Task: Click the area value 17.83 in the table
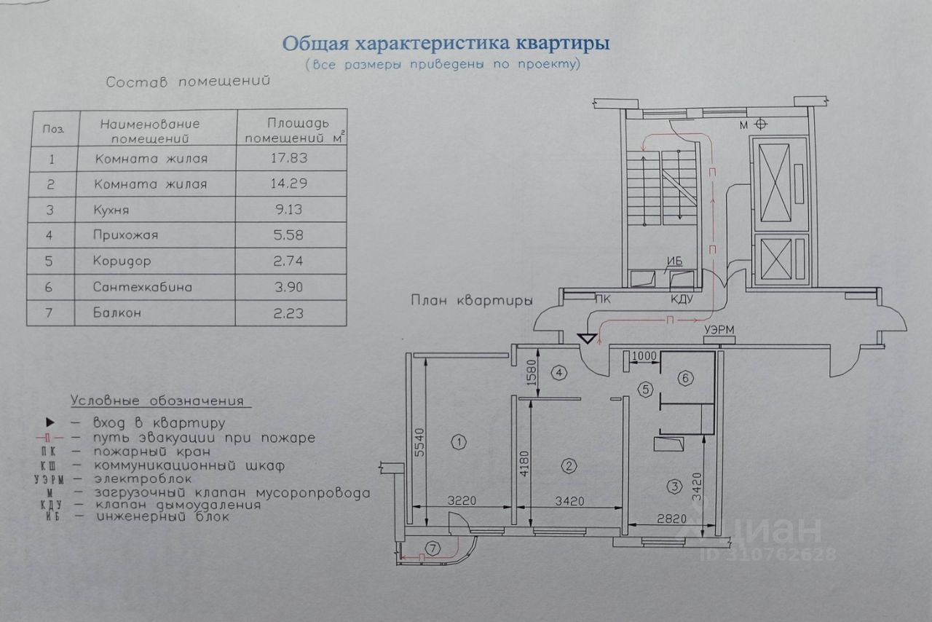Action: (288, 158)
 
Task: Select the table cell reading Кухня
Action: (116, 210)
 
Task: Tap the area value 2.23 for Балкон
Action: (288, 313)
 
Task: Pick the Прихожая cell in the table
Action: (126, 235)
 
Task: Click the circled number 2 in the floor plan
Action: (570, 465)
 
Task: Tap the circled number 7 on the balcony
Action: (434, 548)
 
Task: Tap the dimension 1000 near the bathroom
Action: (645, 356)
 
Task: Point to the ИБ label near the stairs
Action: (673, 262)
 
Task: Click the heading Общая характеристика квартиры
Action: (446, 44)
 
